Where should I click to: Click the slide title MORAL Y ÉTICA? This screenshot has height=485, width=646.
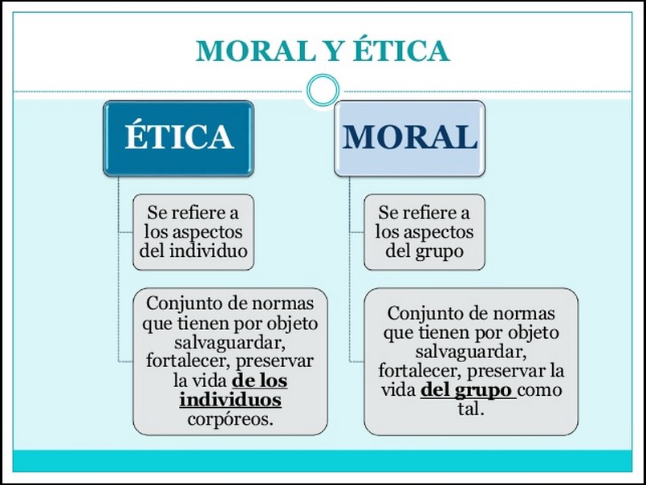click(x=322, y=51)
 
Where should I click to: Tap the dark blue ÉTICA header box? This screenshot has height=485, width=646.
click(x=178, y=137)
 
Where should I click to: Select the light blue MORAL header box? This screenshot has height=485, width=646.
click(x=409, y=137)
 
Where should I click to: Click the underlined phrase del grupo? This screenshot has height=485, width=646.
click(x=466, y=391)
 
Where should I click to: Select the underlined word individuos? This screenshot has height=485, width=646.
click(x=230, y=399)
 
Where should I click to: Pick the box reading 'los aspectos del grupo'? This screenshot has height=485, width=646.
click(x=424, y=232)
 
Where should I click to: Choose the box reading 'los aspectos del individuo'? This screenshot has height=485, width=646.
click(x=193, y=232)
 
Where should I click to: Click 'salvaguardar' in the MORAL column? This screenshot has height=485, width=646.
click(x=470, y=352)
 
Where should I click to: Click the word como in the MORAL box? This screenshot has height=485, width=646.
click(x=541, y=391)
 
